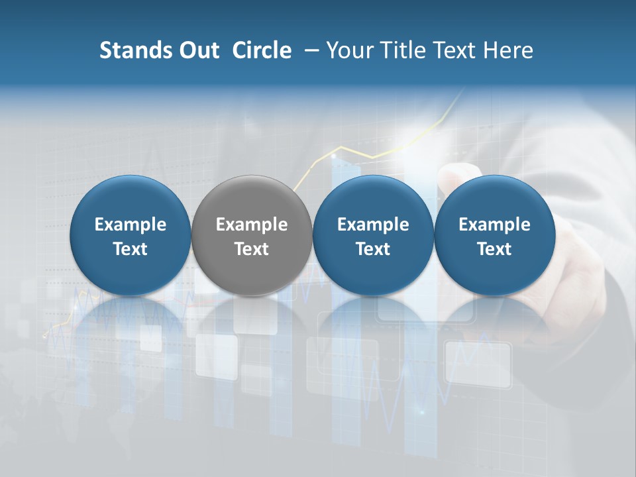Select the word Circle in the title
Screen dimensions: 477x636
point(262,50)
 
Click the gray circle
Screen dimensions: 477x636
point(252,235)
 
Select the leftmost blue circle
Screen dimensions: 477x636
point(131,235)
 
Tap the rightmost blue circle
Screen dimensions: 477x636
point(494,235)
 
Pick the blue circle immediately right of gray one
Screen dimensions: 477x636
point(373,235)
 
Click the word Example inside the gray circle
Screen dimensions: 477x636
point(252,225)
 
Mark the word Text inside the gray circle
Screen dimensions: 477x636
point(252,249)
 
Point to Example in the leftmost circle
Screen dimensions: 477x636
point(131,225)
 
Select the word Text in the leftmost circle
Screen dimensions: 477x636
point(131,249)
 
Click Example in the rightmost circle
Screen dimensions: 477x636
point(494,225)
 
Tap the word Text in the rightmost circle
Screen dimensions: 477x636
point(494,249)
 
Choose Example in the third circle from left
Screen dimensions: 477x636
point(373,225)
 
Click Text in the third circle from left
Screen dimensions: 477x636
point(373,249)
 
